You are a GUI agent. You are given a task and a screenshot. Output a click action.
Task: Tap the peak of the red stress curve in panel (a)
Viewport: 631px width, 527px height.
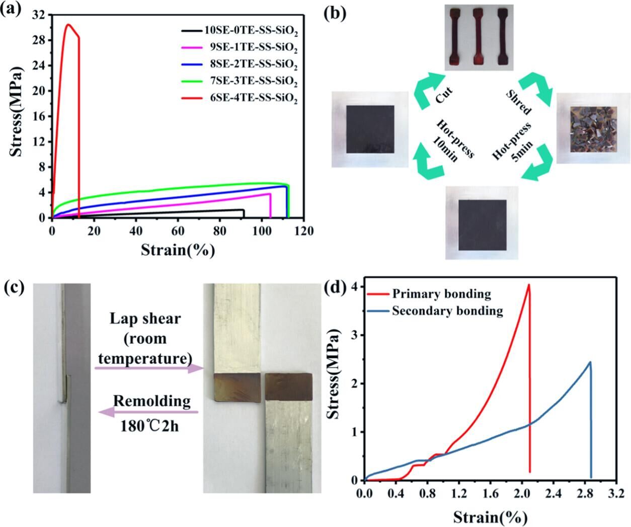(68, 24)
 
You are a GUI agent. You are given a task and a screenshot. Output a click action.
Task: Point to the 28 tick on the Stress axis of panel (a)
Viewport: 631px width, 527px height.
(41, 40)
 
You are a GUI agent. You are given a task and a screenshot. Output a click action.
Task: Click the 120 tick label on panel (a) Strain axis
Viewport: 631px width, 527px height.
(303, 231)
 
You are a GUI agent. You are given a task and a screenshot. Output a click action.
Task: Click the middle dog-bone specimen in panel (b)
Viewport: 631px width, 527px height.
(478, 37)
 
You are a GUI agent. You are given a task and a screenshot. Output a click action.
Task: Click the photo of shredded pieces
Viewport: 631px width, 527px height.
(593, 129)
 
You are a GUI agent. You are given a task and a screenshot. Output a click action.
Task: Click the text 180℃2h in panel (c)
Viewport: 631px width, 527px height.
(149, 427)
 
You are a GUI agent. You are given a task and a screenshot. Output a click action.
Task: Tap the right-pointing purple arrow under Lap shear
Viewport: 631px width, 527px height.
(149, 368)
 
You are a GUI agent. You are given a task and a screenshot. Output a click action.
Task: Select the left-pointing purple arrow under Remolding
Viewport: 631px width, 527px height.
(149, 412)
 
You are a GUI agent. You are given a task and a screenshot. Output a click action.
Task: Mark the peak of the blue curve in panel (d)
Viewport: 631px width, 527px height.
(590, 362)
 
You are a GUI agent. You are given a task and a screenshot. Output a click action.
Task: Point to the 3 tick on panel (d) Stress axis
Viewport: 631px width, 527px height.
(355, 335)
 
